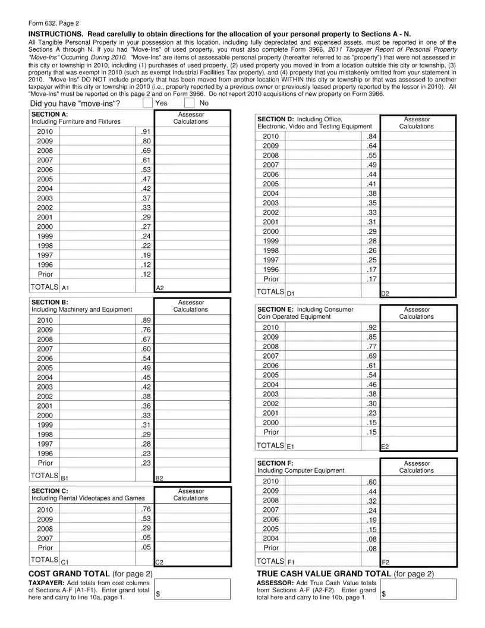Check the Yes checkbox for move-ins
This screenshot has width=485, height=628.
tap(147, 103)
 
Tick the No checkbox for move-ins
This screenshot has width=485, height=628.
tap(190, 103)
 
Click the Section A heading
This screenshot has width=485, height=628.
tap(49, 114)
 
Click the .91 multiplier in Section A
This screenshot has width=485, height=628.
tap(146, 131)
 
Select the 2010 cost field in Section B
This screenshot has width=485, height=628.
tap(96, 321)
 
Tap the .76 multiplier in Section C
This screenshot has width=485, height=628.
tap(146, 510)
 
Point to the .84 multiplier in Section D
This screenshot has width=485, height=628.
tap(372, 137)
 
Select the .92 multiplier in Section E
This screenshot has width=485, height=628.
tap(372, 328)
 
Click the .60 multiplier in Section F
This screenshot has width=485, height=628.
tap(372, 482)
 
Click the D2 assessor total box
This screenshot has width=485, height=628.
tap(418, 291)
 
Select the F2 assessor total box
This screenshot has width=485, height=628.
tap(418, 560)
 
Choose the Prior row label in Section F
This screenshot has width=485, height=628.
tap(271, 548)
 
